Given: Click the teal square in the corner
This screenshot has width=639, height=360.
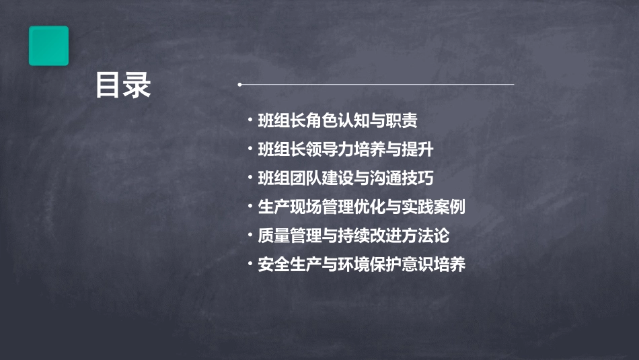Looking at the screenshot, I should coord(48,46).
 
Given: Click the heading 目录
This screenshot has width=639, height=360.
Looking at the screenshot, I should coord(123,85).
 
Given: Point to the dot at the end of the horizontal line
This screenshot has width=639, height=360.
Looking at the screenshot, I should coord(239,85).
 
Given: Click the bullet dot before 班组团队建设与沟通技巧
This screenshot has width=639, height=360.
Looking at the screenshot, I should coord(250,178).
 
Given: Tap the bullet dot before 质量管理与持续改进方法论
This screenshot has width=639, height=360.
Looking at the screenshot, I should coord(250,236).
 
